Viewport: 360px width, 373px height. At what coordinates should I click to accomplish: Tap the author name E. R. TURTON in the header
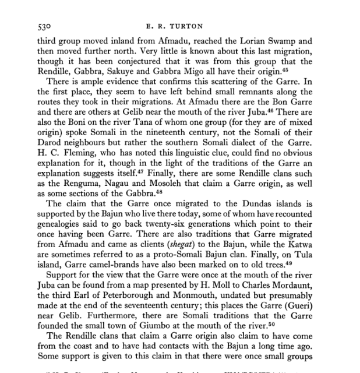pos(179,27)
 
